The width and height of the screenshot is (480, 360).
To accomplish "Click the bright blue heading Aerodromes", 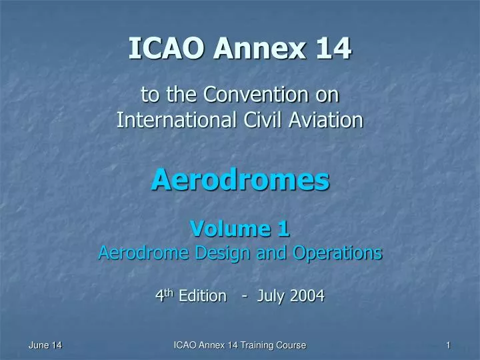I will click(240, 179).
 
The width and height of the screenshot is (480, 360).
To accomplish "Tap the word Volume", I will click(225, 229).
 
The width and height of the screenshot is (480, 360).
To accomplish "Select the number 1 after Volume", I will click(283, 229).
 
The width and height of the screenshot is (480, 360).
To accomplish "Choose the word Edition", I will click(203, 296).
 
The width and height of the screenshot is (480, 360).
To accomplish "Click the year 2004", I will click(306, 296).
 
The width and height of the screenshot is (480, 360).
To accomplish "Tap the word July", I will click(269, 296).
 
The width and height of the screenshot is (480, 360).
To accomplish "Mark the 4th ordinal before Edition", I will click(164, 295).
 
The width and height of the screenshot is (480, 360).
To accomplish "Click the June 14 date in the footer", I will click(45, 345).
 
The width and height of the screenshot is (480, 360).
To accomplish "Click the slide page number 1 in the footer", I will click(449, 345).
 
